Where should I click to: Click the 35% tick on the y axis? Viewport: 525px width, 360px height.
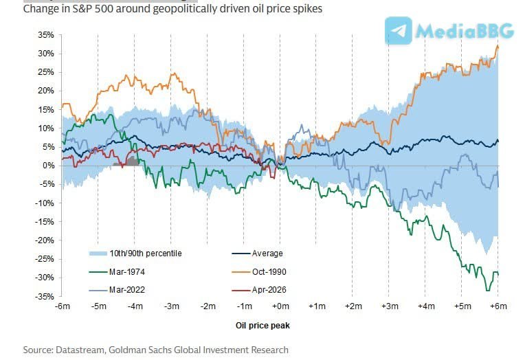47,34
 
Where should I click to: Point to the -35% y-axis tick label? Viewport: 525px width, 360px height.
45,296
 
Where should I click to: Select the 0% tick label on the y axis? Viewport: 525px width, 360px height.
49,166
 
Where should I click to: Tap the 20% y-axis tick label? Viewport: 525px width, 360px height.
47,91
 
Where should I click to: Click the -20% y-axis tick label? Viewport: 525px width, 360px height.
45,240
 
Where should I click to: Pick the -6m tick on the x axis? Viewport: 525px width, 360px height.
63,306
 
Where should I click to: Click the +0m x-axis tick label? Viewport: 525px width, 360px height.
280,306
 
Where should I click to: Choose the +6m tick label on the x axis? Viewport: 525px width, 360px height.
497,306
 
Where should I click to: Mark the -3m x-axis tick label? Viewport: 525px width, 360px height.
171,306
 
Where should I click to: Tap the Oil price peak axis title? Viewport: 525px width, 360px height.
280,326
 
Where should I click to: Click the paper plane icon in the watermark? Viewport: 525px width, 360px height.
399,31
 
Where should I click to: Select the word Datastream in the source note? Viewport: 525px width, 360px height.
82,350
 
